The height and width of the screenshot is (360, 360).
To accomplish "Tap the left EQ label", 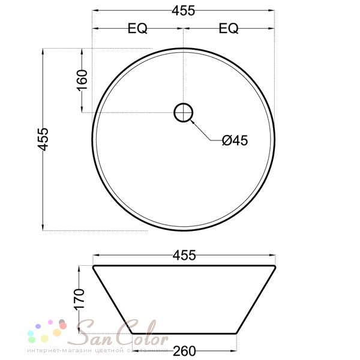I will pyautogui.click(x=137, y=28).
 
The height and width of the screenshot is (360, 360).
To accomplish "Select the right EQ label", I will pyautogui.click(x=229, y=28).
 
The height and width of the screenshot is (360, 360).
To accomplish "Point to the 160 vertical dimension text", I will pyautogui.click(x=82, y=80).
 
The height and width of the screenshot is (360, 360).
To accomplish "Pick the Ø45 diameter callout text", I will pyautogui.click(x=235, y=140).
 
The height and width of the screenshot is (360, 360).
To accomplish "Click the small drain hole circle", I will pyautogui.click(x=184, y=112).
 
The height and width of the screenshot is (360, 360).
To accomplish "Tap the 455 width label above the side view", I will pyautogui.click(x=184, y=255).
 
